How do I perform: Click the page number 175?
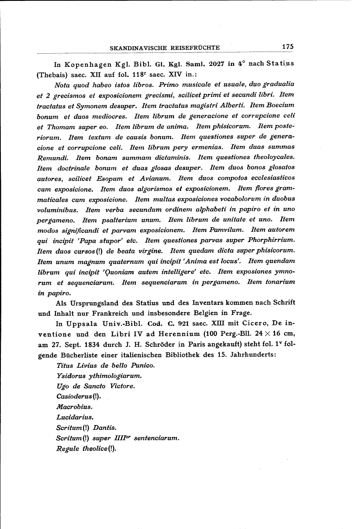287,47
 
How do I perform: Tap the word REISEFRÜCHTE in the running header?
194,48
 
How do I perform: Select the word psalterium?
123,220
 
